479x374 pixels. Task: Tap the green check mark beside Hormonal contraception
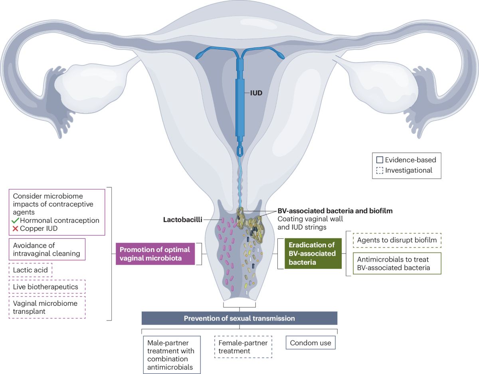tap(16, 220)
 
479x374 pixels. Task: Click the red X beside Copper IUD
tap(16, 229)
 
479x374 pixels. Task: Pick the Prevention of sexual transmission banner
tap(239, 318)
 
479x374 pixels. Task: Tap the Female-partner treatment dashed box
tap(243, 347)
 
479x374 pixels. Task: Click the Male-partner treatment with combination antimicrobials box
tap(171, 355)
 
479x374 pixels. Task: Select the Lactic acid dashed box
tap(31, 270)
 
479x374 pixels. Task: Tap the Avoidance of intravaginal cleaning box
tap(47, 249)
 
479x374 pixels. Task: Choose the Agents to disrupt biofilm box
tap(397, 240)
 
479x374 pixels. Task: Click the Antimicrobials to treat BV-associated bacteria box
tap(397, 263)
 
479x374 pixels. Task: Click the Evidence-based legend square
tap(379, 160)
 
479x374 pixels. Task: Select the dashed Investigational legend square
tap(379, 170)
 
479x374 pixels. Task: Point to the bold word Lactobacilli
tap(182, 219)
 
